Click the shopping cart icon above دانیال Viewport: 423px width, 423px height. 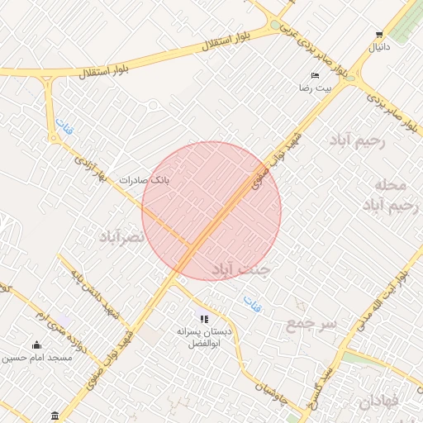tap(379, 35)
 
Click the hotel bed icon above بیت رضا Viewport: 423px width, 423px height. tap(315, 75)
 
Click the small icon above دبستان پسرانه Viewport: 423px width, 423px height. tap(204, 319)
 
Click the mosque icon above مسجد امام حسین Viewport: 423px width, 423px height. tap(36, 345)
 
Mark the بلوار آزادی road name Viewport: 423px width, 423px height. tap(92, 166)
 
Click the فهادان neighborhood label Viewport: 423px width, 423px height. tap(381, 402)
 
